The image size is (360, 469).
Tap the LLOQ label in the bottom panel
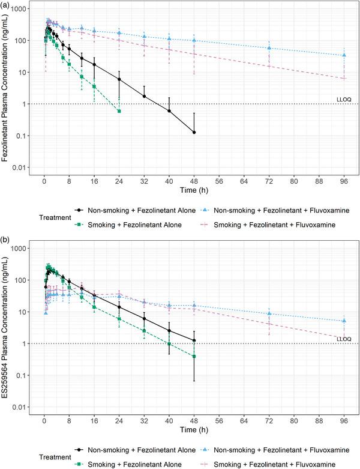coord(343,339)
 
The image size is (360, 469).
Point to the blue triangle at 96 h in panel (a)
coord(344,55)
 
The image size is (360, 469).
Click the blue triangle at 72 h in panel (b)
coord(269,313)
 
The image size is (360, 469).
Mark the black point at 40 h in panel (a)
coord(169,110)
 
